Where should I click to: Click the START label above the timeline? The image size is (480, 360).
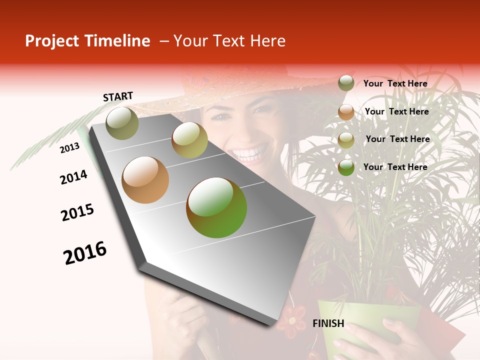[118, 96]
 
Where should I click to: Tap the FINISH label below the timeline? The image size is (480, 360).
[328, 323]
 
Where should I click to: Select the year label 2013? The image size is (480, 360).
[69, 147]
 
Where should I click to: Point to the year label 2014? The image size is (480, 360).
[73, 177]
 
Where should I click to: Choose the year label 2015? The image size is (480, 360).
[77, 212]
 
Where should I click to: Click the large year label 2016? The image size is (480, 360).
[85, 252]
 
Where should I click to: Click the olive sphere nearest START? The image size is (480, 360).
[122, 123]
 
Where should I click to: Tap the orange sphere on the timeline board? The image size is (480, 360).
[145, 180]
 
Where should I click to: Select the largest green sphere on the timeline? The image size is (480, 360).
[216, 207]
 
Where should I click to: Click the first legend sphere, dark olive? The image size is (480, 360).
[346, 83]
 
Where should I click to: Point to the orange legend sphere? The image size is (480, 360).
[346, 112]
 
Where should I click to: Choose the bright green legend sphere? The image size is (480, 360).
[346, 167]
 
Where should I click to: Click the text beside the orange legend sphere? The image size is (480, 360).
[396, 111]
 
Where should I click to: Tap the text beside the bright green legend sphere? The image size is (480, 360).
[395, 167]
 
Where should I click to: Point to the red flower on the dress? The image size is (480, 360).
[291, 320]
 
